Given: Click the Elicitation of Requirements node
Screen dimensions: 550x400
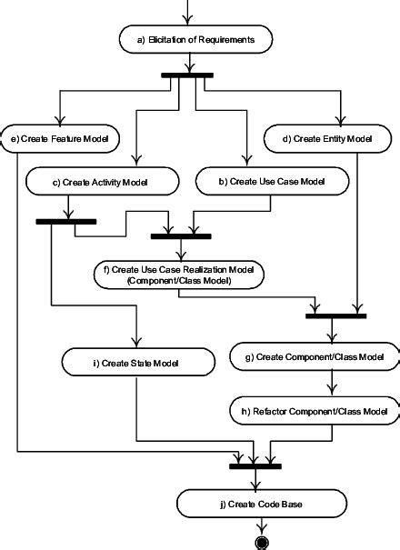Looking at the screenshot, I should (190, 39).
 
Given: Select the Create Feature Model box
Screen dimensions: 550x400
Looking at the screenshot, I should (60, 139).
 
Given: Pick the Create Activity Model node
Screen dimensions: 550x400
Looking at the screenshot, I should (100, 183).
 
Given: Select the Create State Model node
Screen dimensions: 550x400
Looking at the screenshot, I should (135, 363).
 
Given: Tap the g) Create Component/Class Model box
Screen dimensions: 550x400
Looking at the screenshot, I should (315, 358).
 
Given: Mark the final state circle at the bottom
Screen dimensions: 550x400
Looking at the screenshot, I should (264, 542).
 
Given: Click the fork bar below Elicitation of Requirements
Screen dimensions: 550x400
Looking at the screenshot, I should (188, 75).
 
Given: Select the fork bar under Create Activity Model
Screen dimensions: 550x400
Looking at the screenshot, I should (65, 221).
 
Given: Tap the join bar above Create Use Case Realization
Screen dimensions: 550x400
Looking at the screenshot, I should (180, 236).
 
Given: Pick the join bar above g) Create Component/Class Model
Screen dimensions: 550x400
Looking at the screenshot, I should (335, 315).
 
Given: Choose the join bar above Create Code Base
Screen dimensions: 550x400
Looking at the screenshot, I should (255, 466).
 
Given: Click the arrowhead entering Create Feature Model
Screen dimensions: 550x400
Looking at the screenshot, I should (60, 123).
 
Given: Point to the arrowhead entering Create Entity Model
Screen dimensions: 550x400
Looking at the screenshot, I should (342, 123).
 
